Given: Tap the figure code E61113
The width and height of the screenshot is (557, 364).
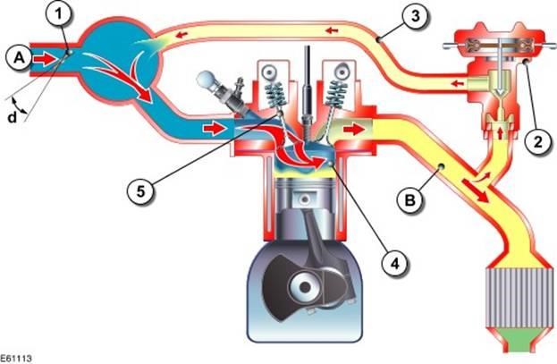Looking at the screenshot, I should pos(18,356).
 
